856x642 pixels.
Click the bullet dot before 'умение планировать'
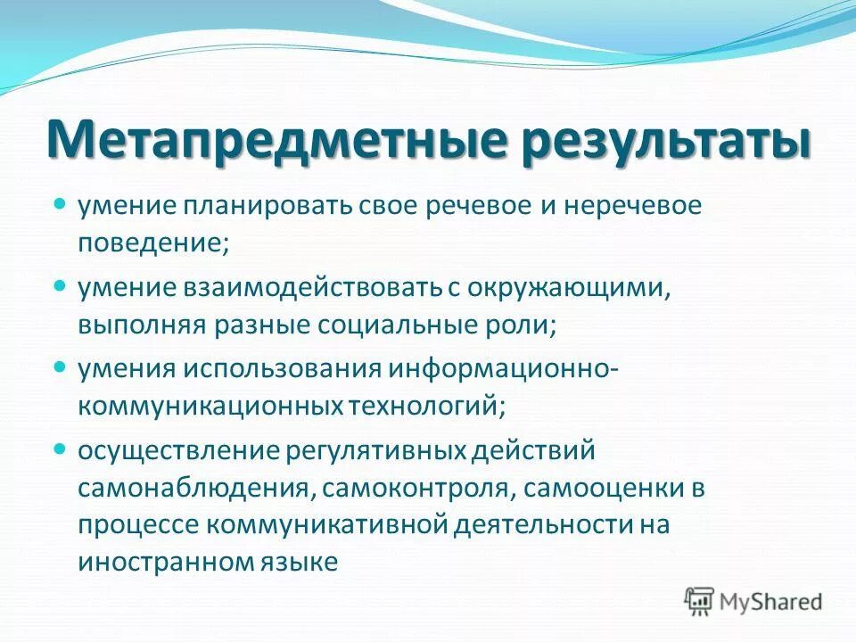(x=60, y=204)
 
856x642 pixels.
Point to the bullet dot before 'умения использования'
(x=60, y=366)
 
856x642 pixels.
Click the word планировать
(x=270, y=207)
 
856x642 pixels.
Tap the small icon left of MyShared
(x=701, y=601)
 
